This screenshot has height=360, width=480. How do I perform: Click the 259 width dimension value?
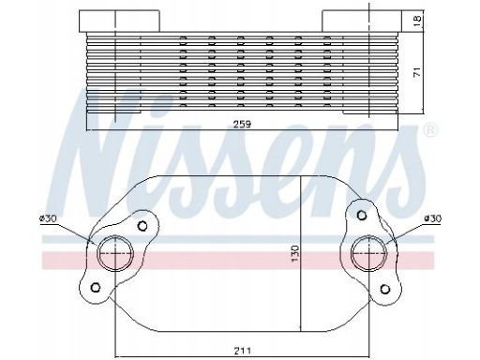(x=243, y=124)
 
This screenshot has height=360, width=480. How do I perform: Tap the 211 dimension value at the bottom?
(x=243, y=351)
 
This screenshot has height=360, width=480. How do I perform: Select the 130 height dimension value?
(x=294, y=253)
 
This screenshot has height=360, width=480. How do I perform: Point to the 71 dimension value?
(x=417, y=71)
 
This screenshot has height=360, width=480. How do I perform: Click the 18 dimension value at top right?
(x=417, y=21)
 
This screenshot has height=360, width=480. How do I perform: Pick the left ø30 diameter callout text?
(x=48, y=218)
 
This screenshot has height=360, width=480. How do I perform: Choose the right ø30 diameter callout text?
(x=433, y=218)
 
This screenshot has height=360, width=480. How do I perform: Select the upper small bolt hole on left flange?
(x=142, y=226)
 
